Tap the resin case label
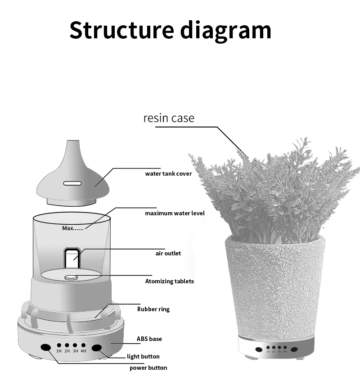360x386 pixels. pos(169,118)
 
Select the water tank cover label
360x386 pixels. pos(168,174)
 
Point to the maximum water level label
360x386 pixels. pos(175,213)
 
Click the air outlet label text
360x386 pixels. pos(168,253)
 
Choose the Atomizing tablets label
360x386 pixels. pos(169,281)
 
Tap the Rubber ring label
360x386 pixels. pos(153,309)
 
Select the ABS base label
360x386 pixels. pos(149,339)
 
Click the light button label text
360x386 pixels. pos(143,356)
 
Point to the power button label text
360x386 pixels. pos(148,368)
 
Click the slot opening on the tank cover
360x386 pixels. pos(72,183)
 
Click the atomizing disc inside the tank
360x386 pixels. pos(71,277)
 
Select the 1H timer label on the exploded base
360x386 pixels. pos(59,351)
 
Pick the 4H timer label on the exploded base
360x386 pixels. pos(83,351)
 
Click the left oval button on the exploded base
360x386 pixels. pos(45,347)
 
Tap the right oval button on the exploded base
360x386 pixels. pos(97,347)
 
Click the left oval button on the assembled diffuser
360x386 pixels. pos(259,349)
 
